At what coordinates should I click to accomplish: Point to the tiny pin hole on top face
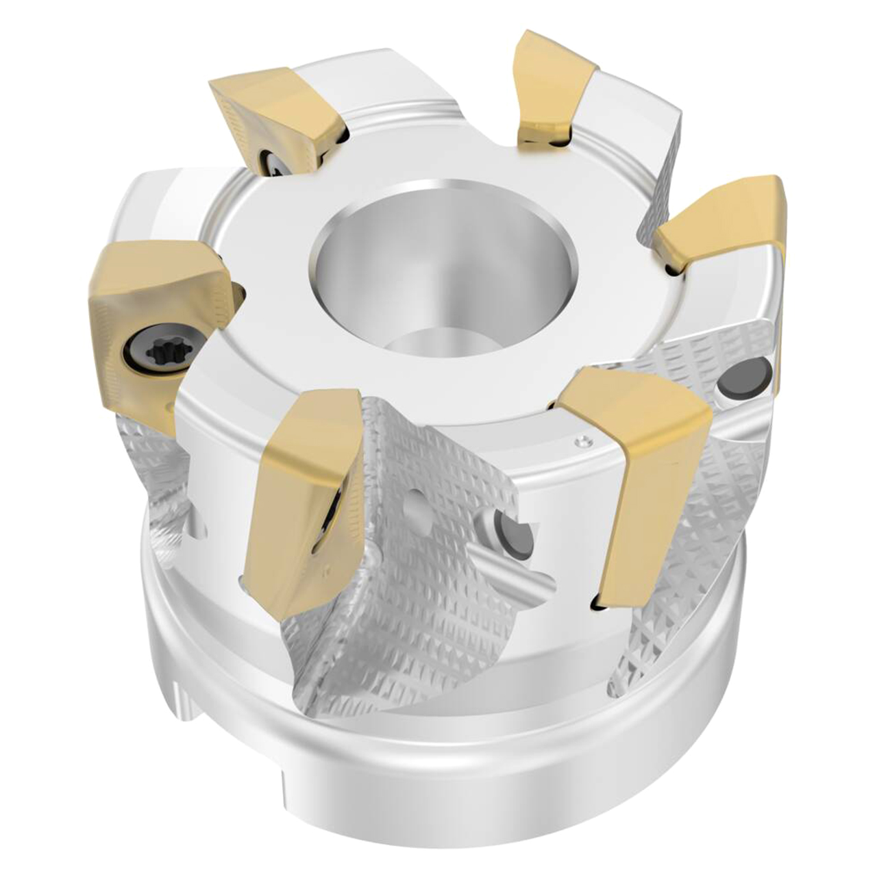click(x=583, y=442)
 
